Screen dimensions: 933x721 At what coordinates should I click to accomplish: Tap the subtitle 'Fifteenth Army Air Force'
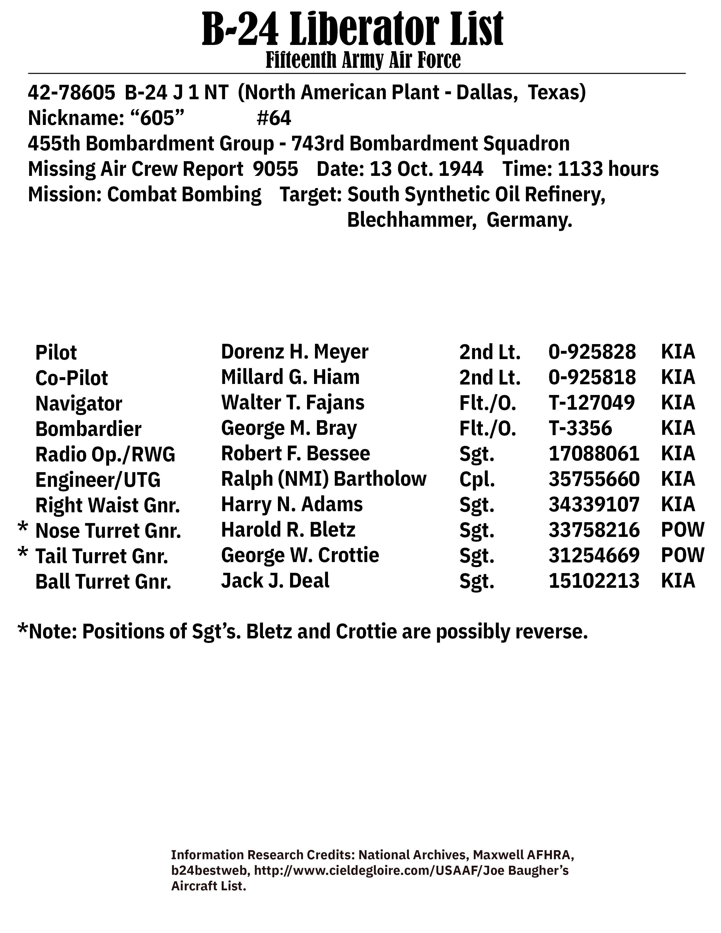tap(363, 60)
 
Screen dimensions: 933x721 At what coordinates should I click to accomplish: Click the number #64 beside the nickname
tap(274, 118)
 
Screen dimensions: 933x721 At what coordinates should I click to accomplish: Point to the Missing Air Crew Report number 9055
tap(275, 169)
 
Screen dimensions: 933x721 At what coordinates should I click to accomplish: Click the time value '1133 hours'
tap(608, 169)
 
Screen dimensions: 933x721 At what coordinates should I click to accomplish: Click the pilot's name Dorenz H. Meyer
tap(294, 352)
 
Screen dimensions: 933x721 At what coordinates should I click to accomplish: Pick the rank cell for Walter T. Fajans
tap(487, 403)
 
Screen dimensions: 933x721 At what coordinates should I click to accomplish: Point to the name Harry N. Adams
tap(292, 504)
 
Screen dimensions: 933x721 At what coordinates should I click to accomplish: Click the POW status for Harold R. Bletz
tap(683, 530)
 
